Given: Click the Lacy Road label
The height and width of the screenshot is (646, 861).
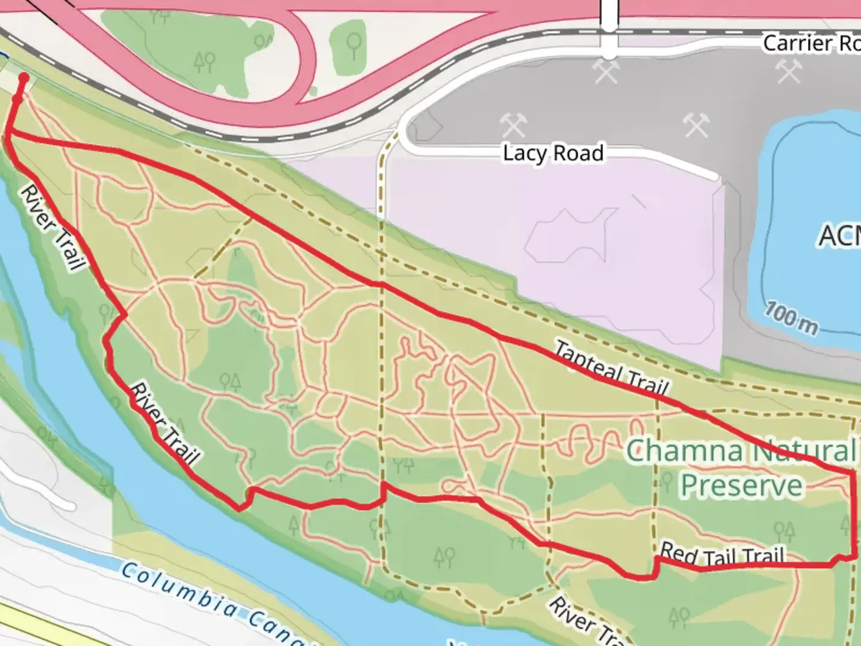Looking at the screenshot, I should point(553,153).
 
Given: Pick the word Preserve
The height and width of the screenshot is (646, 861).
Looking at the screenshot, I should point(741,486).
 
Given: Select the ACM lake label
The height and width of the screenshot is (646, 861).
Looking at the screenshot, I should point(840,235).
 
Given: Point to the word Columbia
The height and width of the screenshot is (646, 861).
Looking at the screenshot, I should point(179,589).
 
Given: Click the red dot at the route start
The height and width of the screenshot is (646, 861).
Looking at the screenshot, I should point(24,78).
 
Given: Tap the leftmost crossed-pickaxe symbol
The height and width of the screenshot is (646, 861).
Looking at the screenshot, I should point(513,126).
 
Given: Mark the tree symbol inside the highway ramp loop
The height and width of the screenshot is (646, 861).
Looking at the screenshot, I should point(354,44).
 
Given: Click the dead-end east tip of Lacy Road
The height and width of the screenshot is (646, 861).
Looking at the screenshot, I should point(716,176).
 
